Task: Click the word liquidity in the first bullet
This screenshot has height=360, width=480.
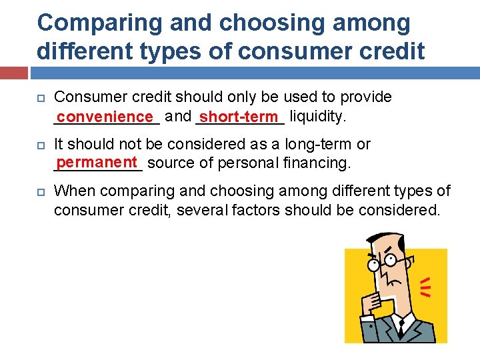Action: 318,117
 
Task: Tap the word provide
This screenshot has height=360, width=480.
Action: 366,97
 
